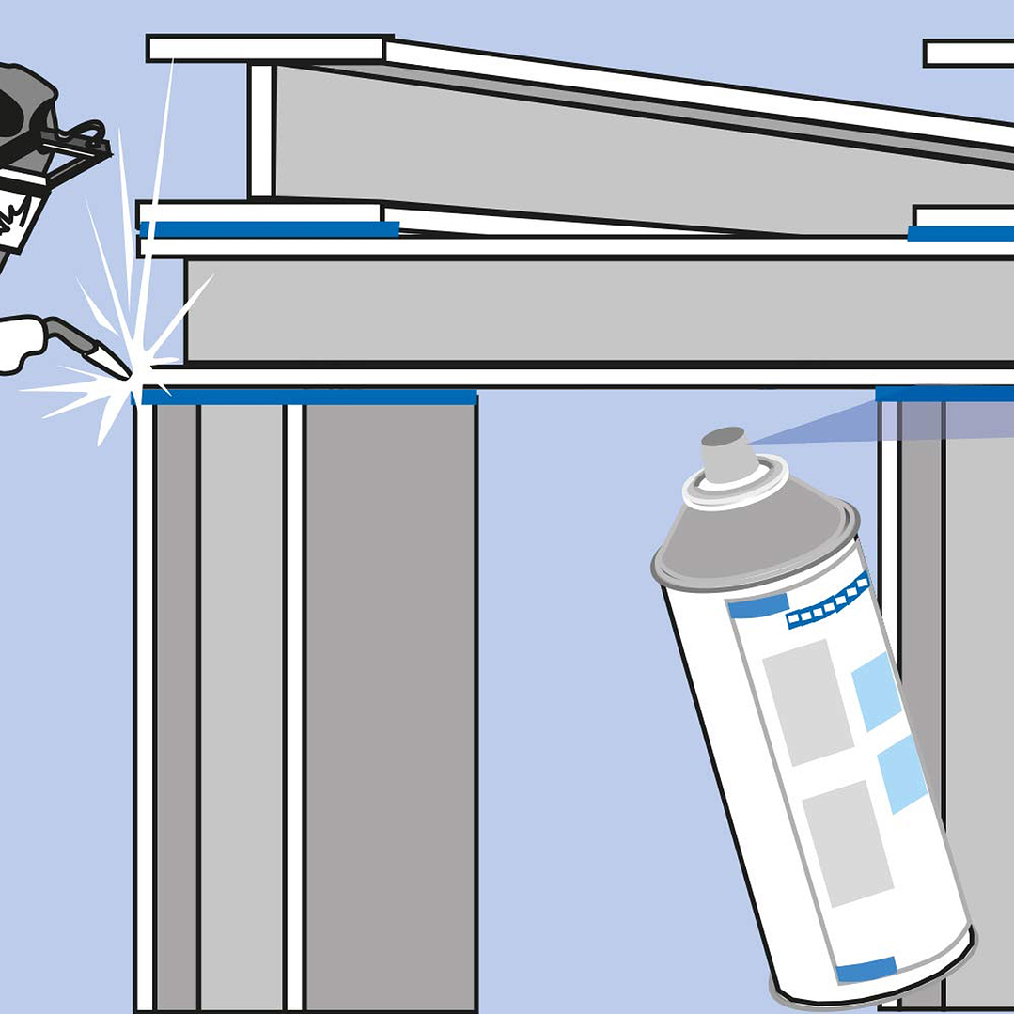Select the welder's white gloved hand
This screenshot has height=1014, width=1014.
point(21,344)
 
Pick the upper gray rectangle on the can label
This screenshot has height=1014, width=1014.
point(807,701)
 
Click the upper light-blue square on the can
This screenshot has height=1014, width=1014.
point(876,691)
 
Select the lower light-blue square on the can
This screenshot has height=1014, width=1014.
point(901,773)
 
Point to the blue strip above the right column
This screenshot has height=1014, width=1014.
point(944,393)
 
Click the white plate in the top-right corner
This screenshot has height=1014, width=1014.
point(968,53)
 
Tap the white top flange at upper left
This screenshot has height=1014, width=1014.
point(268,48)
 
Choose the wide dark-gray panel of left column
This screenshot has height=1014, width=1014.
point(390,705)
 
